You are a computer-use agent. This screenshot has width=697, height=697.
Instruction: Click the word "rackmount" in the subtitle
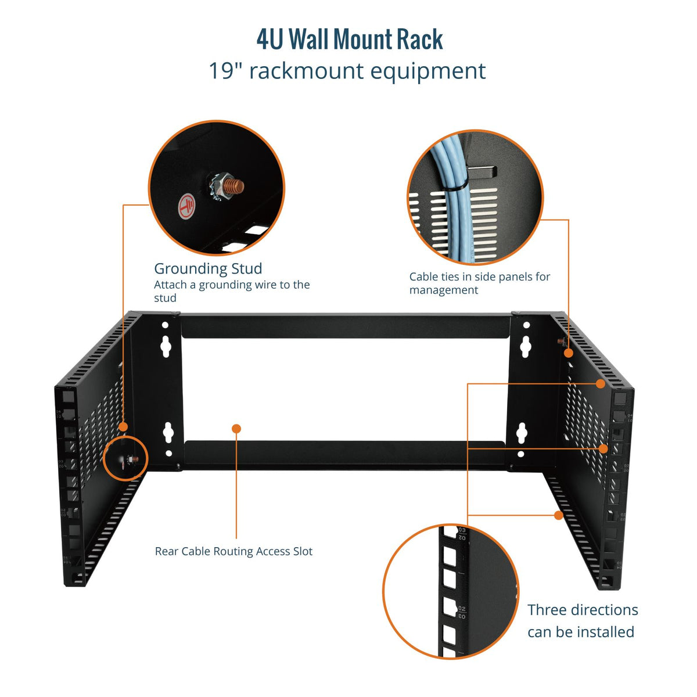point(307,71)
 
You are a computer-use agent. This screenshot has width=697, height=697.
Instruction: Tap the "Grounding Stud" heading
point(208,268)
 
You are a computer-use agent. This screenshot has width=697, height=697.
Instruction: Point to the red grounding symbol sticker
point(186,207)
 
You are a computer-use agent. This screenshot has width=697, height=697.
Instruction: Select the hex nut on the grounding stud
point(218,186)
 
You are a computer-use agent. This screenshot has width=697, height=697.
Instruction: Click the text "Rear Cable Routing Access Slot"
point(233,551)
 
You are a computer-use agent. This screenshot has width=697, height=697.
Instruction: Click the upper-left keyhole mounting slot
point(166,347)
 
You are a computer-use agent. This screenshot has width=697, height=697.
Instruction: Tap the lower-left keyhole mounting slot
point(168,432)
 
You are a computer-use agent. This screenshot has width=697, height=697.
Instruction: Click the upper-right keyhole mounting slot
point(525,347)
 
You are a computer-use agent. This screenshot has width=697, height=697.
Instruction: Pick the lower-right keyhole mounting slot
point(521,433)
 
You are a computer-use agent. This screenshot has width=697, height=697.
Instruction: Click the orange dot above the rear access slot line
point(236,429)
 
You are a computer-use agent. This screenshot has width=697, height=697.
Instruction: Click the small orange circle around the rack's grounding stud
point(126,459)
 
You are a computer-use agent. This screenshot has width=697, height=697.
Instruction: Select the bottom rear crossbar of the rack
point(344,455)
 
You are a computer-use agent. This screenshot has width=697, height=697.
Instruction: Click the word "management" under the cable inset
point(443,290)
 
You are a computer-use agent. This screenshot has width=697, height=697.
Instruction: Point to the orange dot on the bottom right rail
point(559,515)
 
